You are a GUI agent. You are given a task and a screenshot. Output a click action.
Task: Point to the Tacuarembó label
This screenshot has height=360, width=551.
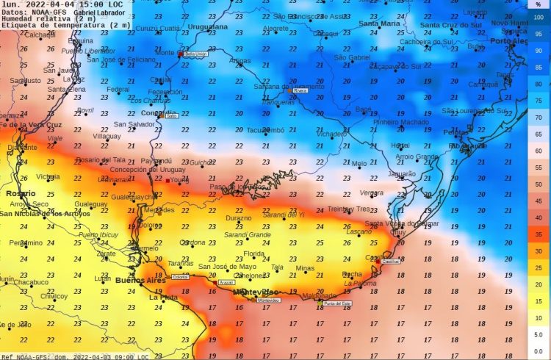tap(264, 130)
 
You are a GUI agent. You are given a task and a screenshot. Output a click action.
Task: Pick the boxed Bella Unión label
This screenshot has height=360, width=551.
tap(195, 54)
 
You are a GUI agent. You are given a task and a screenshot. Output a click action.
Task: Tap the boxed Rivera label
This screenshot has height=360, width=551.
tap(300, 90)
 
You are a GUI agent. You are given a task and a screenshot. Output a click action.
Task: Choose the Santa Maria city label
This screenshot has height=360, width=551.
tap(379, 24)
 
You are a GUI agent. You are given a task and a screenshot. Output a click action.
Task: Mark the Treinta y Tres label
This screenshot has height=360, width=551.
tap(350, 209)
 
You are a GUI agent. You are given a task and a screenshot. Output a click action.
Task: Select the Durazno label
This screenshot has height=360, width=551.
tap(238, 218)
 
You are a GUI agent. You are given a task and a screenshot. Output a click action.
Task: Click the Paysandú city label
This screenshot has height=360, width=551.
tap(156, 160)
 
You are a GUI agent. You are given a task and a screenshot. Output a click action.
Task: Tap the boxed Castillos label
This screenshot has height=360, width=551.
tap(391, 261)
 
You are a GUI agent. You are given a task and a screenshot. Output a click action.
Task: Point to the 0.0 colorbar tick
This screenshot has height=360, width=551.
tap(539, 350)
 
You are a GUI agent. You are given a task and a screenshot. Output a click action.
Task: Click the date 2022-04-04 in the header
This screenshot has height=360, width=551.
tap(51, 4)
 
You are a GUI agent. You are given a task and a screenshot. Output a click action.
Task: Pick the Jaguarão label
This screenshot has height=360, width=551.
tap(401, 174)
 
